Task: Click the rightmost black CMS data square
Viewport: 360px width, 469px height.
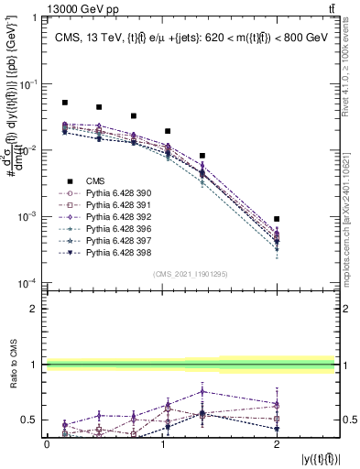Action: pyautogui.click(x=277, y=219)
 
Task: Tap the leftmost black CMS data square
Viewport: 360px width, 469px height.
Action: pyautogui.click(x=64, y=103)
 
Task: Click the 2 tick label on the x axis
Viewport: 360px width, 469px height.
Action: pyautogui.click(x=277, y=443)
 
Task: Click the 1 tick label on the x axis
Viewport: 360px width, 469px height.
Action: pyautogui.click(x=161, y=443)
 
